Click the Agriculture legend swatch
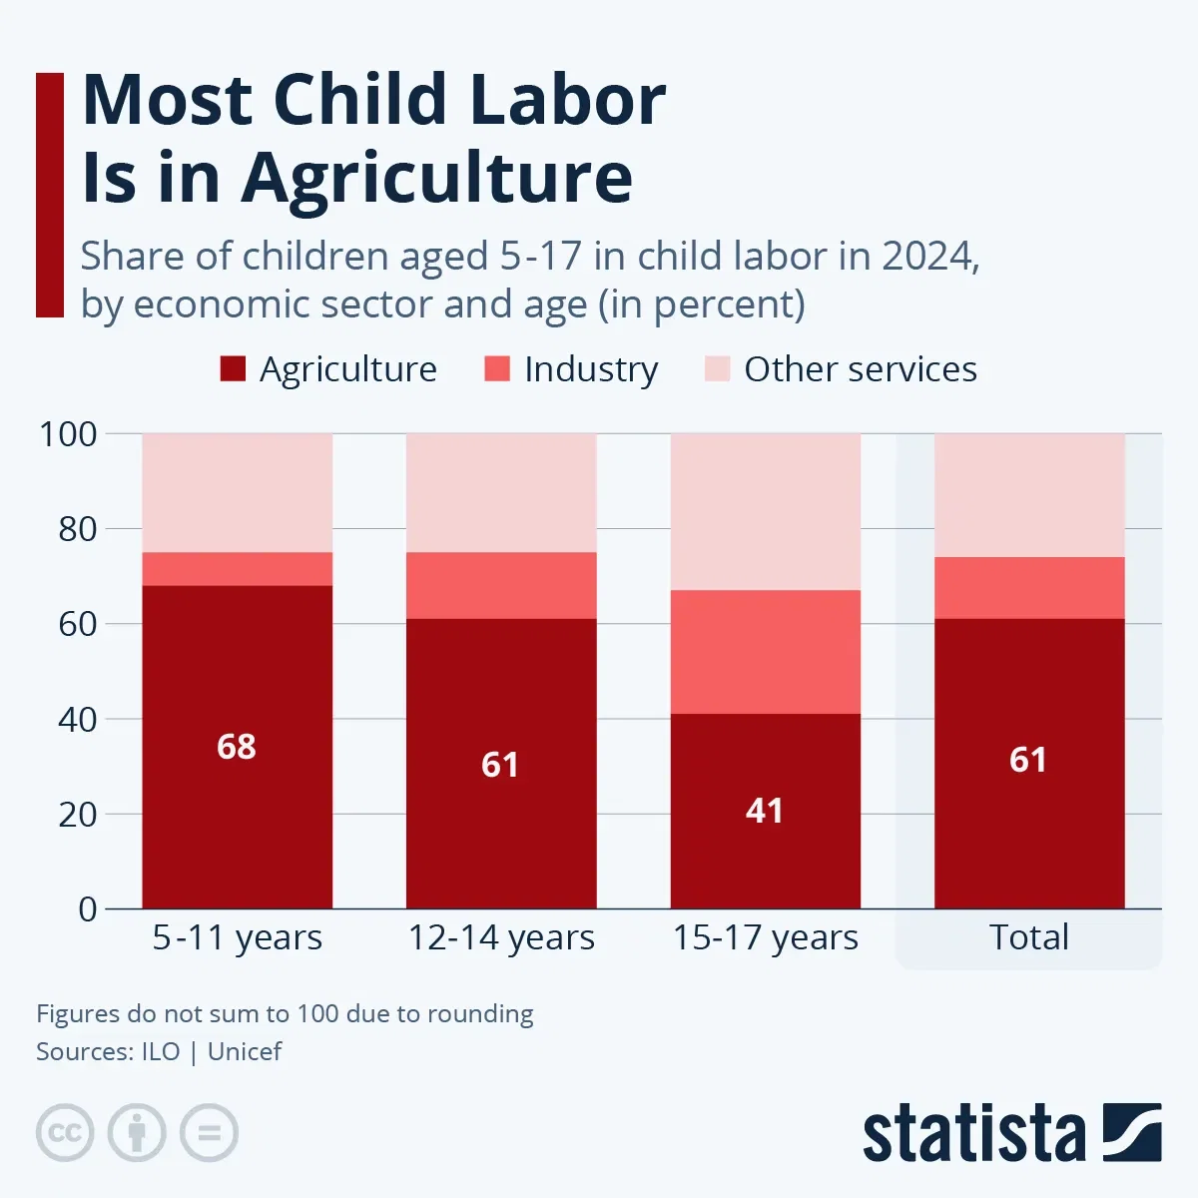pyautogui.click(x=233, y=369)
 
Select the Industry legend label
pyautogui.click(x=591, y=369)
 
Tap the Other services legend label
pyautogui.click(x=860, y=369)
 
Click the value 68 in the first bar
pyautogui.click(x=237, y=747)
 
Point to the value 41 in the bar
pyautogui.click(x=765, y=811)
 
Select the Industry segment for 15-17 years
pyautogui.click(x=765, y=652)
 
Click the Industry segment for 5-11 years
pyautogui.click(x=237, y=569)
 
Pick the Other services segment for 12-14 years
pyautogui.click(x=501, y=493)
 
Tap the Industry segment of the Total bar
pyautogui.click(x=1029, y=588)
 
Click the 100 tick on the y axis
pyautogui.click(x=68, y=434)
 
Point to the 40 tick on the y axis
pyautogui.click(x=77, y=720)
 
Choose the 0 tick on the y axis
pyautogui.click(x=88, y=909)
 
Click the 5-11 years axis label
pyautogui.click(x=237, y=938)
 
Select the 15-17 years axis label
pyautogui.click(x=765, y=938)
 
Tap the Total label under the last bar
pyautogui.click(x=1029, y=937)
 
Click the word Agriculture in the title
pyautogui.click(x=437, y=178)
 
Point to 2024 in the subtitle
pyautogui.click(x=925, y=257)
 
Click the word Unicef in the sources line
pyautogui.click(x=245, y=1052)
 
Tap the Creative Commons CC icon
pyautogui.click(x=65, y=1133)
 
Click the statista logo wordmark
pyautogui.click(x=973, y=1134)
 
